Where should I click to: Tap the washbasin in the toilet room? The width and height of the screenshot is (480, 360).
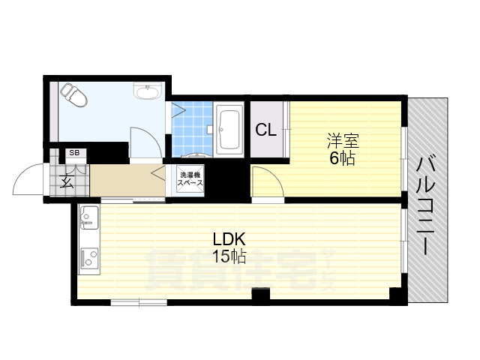(145, 92)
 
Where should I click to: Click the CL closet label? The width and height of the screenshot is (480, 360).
(266, 130)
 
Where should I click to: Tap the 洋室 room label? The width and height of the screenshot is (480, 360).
(341, 140)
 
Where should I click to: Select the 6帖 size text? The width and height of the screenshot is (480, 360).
(341, 158)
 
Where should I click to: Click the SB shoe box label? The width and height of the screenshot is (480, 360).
(73, 153)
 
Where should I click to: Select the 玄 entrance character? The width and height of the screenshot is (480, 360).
(67, 181)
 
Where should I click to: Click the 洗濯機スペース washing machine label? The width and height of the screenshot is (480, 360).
(190, 178)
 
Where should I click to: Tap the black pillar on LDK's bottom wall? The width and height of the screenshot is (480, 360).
(259, 295)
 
